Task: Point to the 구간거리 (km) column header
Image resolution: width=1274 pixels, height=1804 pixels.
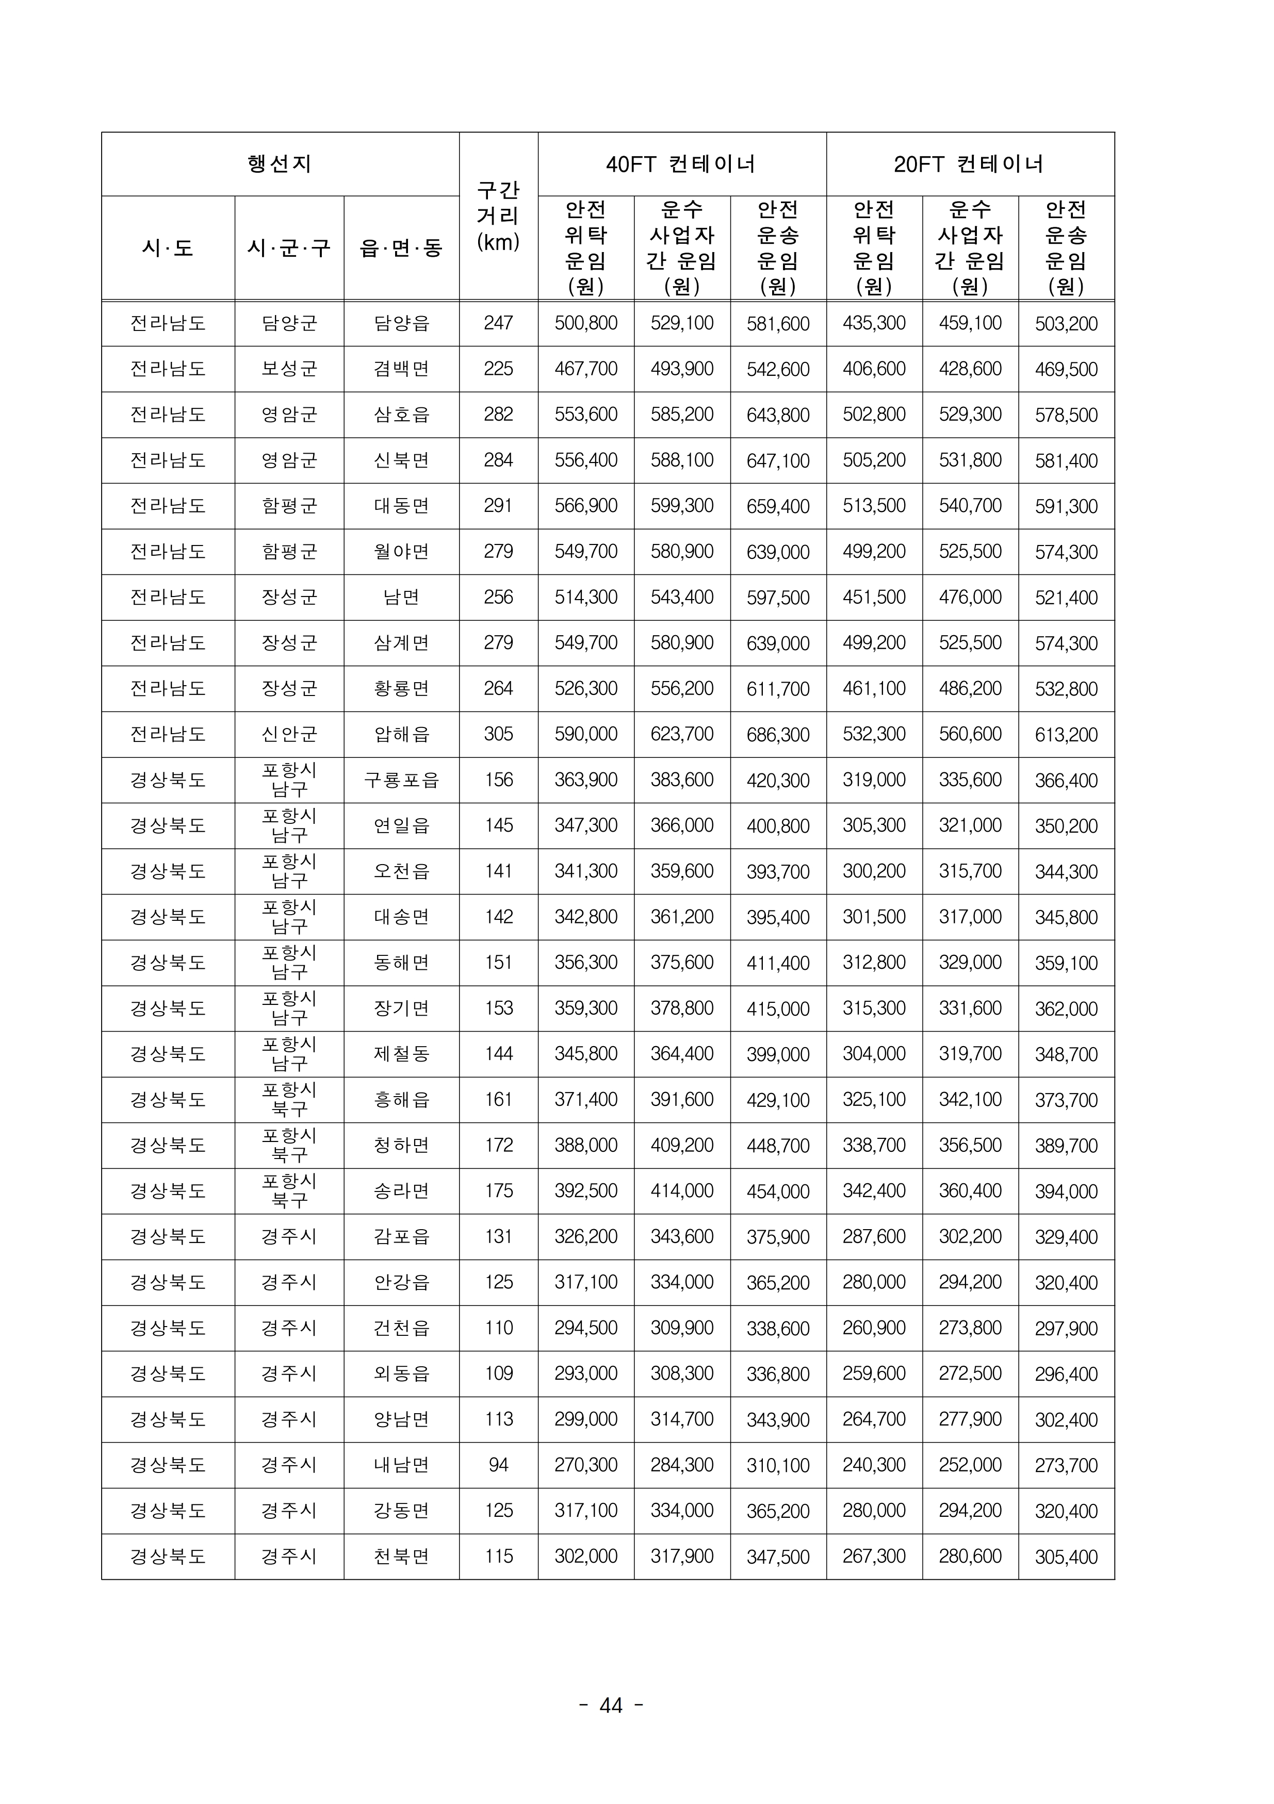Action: tap(498, 216)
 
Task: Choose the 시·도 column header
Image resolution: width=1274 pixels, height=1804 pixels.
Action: tap(168, 249)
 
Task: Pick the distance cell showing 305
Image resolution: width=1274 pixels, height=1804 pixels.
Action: tap(498, 734)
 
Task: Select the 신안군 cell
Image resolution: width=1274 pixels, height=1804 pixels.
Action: tap(289, 734)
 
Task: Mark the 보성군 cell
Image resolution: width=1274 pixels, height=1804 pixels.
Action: tap(289, 369)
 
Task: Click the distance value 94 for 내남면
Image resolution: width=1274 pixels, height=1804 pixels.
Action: tap(498, 1465)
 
